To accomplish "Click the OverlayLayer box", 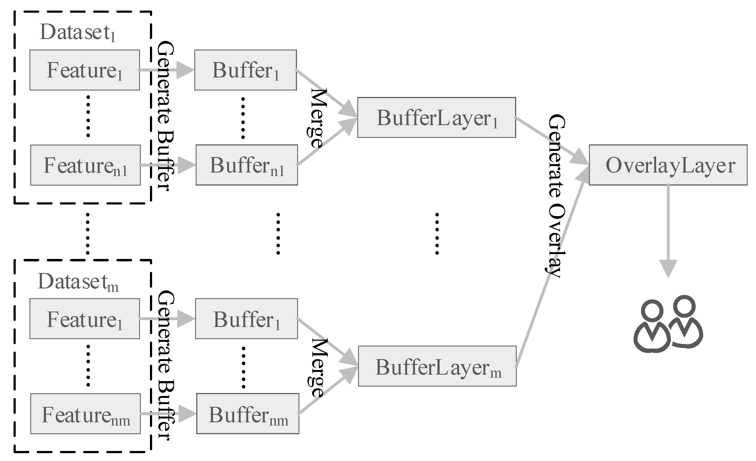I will tap(668, 165).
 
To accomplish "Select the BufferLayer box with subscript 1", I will tap(436, 118).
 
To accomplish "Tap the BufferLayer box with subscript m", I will tap(437, 366).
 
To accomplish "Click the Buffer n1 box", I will tap(247, 165).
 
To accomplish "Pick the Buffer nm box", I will tap(248, 414).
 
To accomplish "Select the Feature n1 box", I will tap(85, 165).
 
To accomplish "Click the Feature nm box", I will tap(85, 414).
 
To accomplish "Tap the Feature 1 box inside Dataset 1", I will tap(85, 70).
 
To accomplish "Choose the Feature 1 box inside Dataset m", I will tap(85, 319).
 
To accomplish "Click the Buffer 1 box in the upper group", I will tap(246, 70).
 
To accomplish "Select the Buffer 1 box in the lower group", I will tap(246, 319).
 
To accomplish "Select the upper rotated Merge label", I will tap(317, 118).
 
